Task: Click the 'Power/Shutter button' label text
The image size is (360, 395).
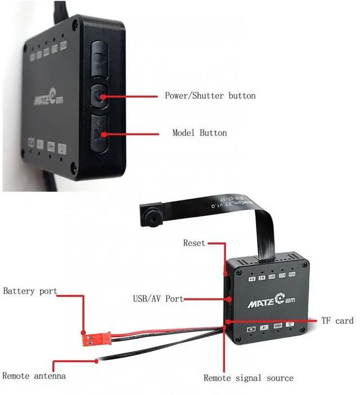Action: (x=210, y=96)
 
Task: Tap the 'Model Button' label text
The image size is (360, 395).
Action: (x=199, y=133)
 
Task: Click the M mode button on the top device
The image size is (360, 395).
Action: (x=99, y=132)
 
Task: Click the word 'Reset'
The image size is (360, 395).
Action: (x=194, y=243)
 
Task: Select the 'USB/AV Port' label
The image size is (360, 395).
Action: (x=158, y=299)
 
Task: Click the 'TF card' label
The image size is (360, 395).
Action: (x=337, y=320)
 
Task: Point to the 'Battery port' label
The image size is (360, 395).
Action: (x=30, y=291)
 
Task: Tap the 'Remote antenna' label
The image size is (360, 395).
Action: (x=34, y=376)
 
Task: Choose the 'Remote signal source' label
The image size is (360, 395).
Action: (x=248, y=378)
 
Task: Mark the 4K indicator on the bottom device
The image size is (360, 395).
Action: (x=253, y=277)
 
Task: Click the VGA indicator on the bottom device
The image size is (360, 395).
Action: (x=291, y=276)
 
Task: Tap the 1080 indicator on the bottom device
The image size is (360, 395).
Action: (x=272, y=276)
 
